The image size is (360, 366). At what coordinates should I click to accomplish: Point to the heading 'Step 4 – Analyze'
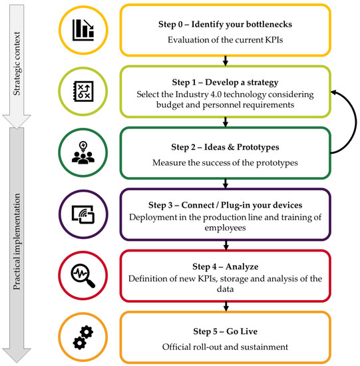226,262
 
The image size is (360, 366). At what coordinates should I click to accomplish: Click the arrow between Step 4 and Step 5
226,306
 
